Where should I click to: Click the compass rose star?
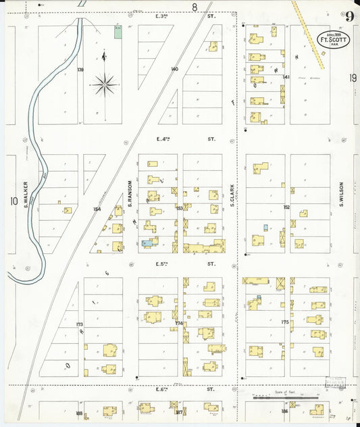point(105,84)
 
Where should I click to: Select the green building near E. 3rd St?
point(118,31)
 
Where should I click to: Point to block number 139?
point(80,70)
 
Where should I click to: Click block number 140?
point(174,70)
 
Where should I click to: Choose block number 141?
point(286,78)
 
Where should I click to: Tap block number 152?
point(286,207)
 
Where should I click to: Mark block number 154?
point(97,209)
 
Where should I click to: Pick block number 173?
point(80,325)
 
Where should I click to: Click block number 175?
point(285,322)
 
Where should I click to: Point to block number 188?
point(79,413)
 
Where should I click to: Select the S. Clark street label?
point(232,196)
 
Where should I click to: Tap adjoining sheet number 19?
point(353,78)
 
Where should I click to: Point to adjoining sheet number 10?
point(13,201)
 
